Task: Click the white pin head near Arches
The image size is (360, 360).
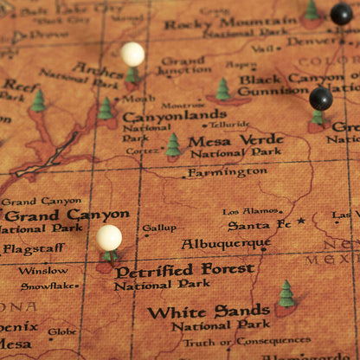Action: click(132, 55)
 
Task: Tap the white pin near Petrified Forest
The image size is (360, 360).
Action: click(109, 237)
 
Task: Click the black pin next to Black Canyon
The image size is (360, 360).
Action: click(321, 99)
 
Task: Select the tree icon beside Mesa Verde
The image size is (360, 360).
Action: click(173, 145)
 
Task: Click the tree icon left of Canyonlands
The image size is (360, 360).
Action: click(106, 109)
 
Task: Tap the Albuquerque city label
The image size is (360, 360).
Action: click(226, 244)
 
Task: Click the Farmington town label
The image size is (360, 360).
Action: click(227, 172)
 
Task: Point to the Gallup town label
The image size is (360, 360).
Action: click(159, 228)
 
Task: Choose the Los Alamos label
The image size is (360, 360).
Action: click(250, 211)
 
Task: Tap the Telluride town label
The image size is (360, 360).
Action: click(228, 125)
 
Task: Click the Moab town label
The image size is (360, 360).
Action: click(138, 99)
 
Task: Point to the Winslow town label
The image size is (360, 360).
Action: click(42, 270)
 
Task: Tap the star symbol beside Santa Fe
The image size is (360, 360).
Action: click(301, 222)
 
